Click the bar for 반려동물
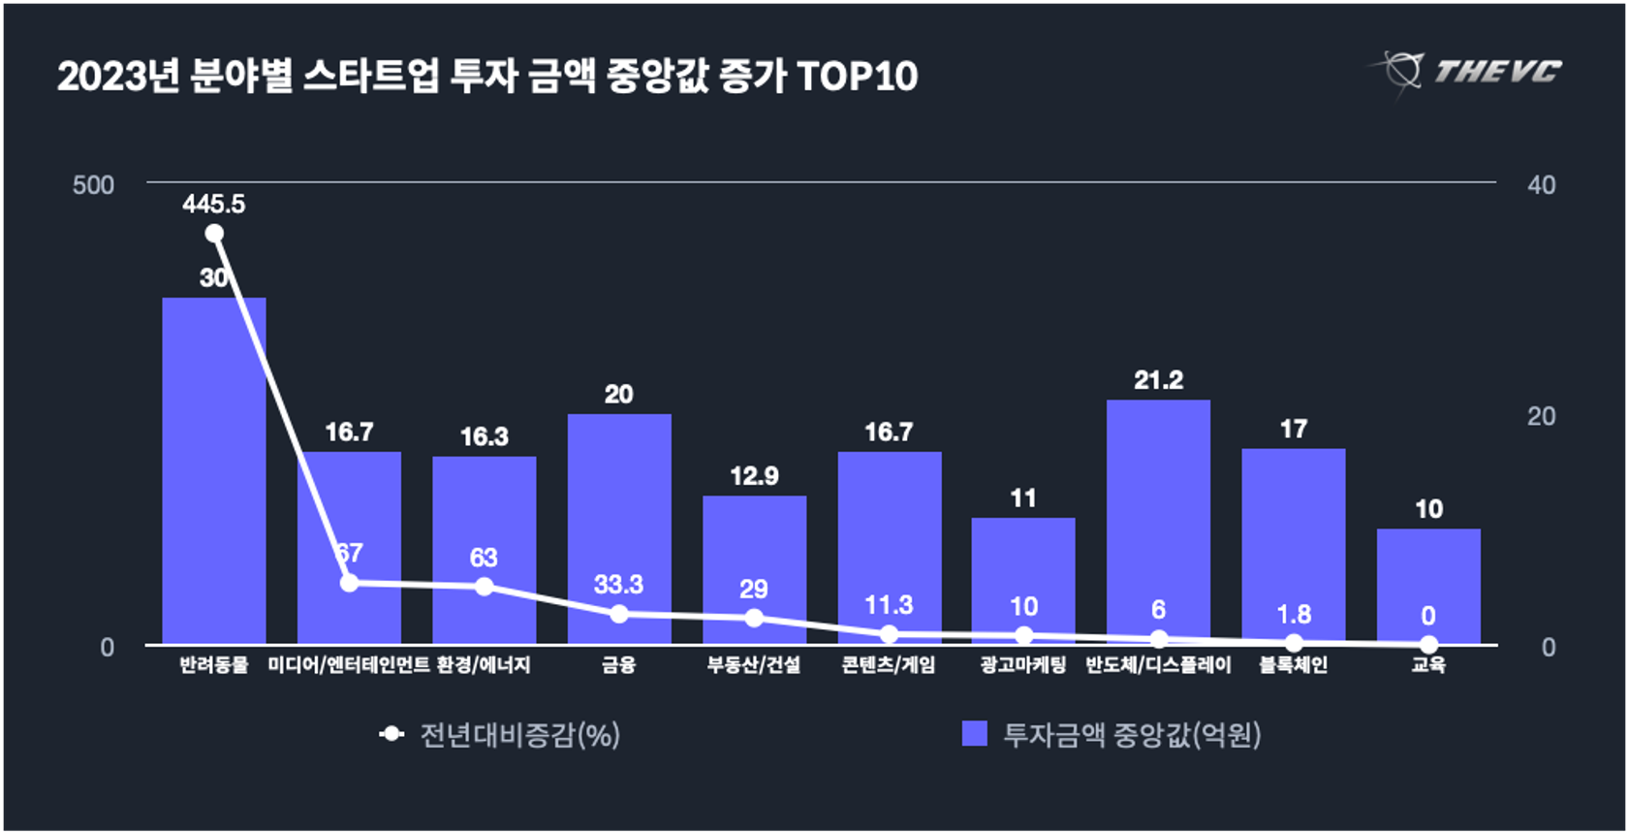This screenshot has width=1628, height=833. [213, 470]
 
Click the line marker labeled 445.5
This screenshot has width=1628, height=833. [214, 234]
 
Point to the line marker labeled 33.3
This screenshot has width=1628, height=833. [619, 614]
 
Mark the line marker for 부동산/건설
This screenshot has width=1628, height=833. [754, 618]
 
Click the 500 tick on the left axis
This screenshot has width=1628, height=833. [93, 185]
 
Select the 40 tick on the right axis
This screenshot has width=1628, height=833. [1541, 185]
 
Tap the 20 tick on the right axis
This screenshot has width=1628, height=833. [1541, 417]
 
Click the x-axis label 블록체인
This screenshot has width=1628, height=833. [1293, 665]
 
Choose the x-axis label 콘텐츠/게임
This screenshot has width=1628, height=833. [889, 665]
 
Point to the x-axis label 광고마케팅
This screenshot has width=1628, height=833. [1023, 665]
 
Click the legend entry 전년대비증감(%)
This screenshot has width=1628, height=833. [501, 735]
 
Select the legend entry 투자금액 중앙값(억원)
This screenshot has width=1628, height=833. [1112, 735]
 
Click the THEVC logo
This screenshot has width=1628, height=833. [1467, 72]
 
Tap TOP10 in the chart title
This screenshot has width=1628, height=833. [858, 77]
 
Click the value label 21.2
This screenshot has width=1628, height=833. [1158, 380]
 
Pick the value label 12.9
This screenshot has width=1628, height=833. [754, 476]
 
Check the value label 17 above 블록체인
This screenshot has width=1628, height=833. [1293, 429]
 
